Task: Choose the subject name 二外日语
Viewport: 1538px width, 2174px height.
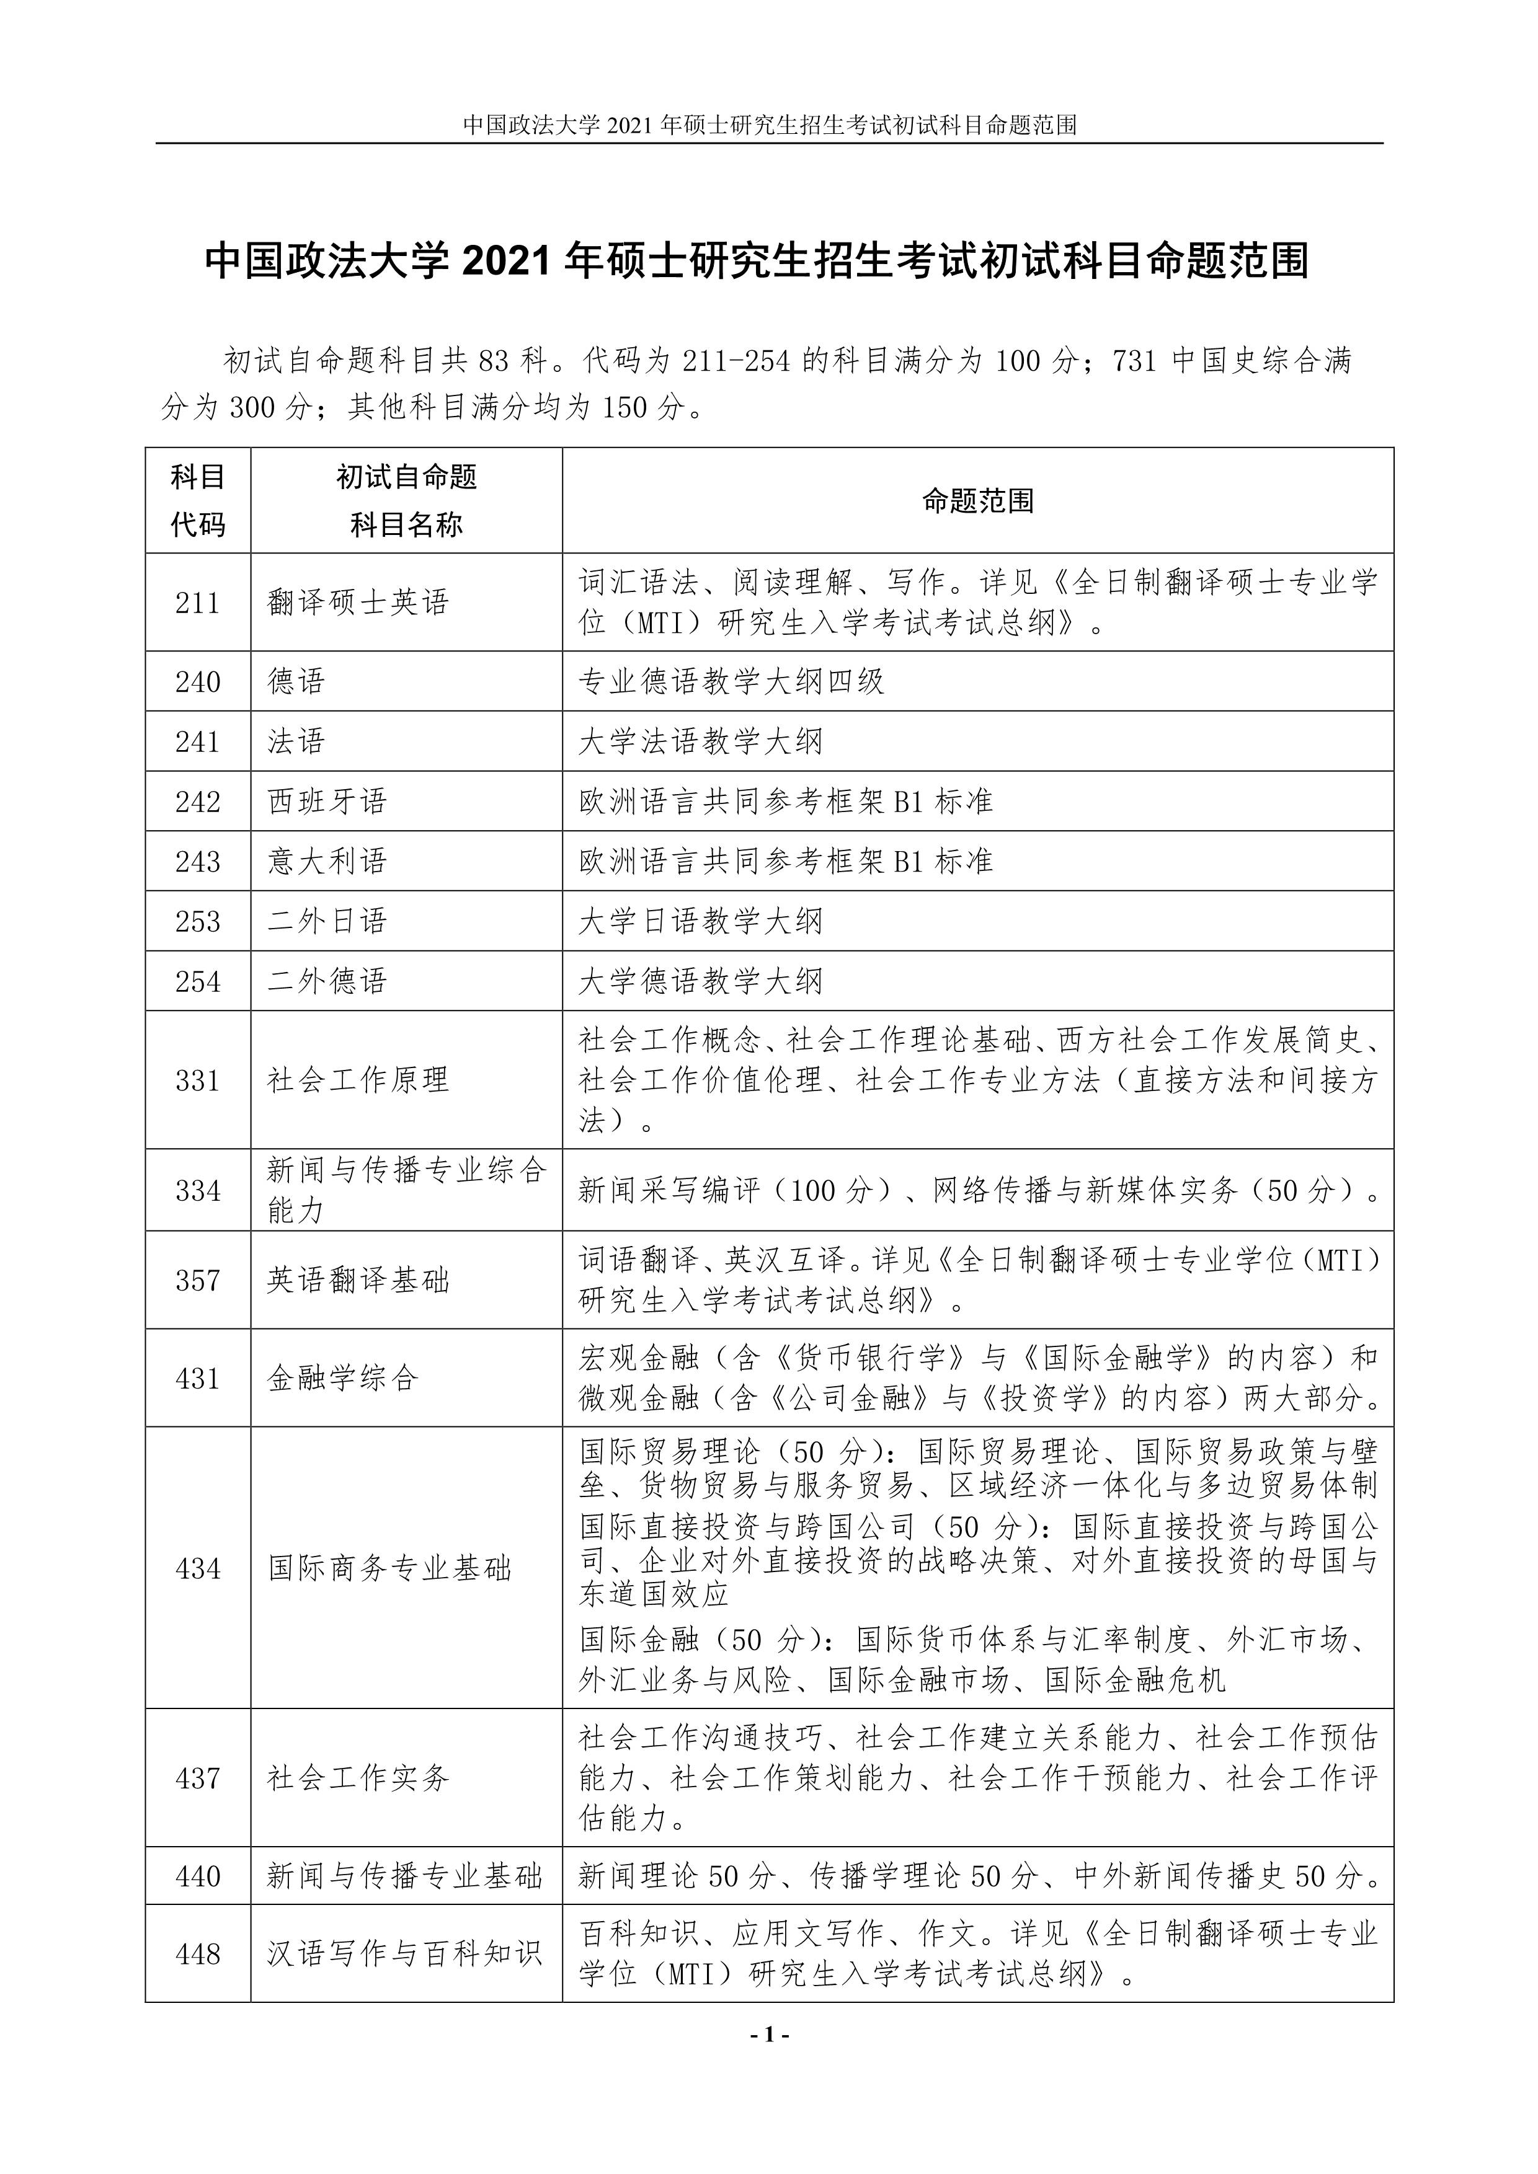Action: coord(327,921)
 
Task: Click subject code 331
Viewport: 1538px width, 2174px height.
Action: coord(198,1080)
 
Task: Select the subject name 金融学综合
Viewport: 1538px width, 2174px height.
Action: coord(343,1379)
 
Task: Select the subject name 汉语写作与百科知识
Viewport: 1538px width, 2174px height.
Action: coord(404,1953)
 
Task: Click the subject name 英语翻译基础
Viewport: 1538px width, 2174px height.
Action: coord(358,1280)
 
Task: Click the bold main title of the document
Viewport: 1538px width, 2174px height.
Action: coord(757,262)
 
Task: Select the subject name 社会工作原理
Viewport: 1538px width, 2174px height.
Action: coord(358,1080)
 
